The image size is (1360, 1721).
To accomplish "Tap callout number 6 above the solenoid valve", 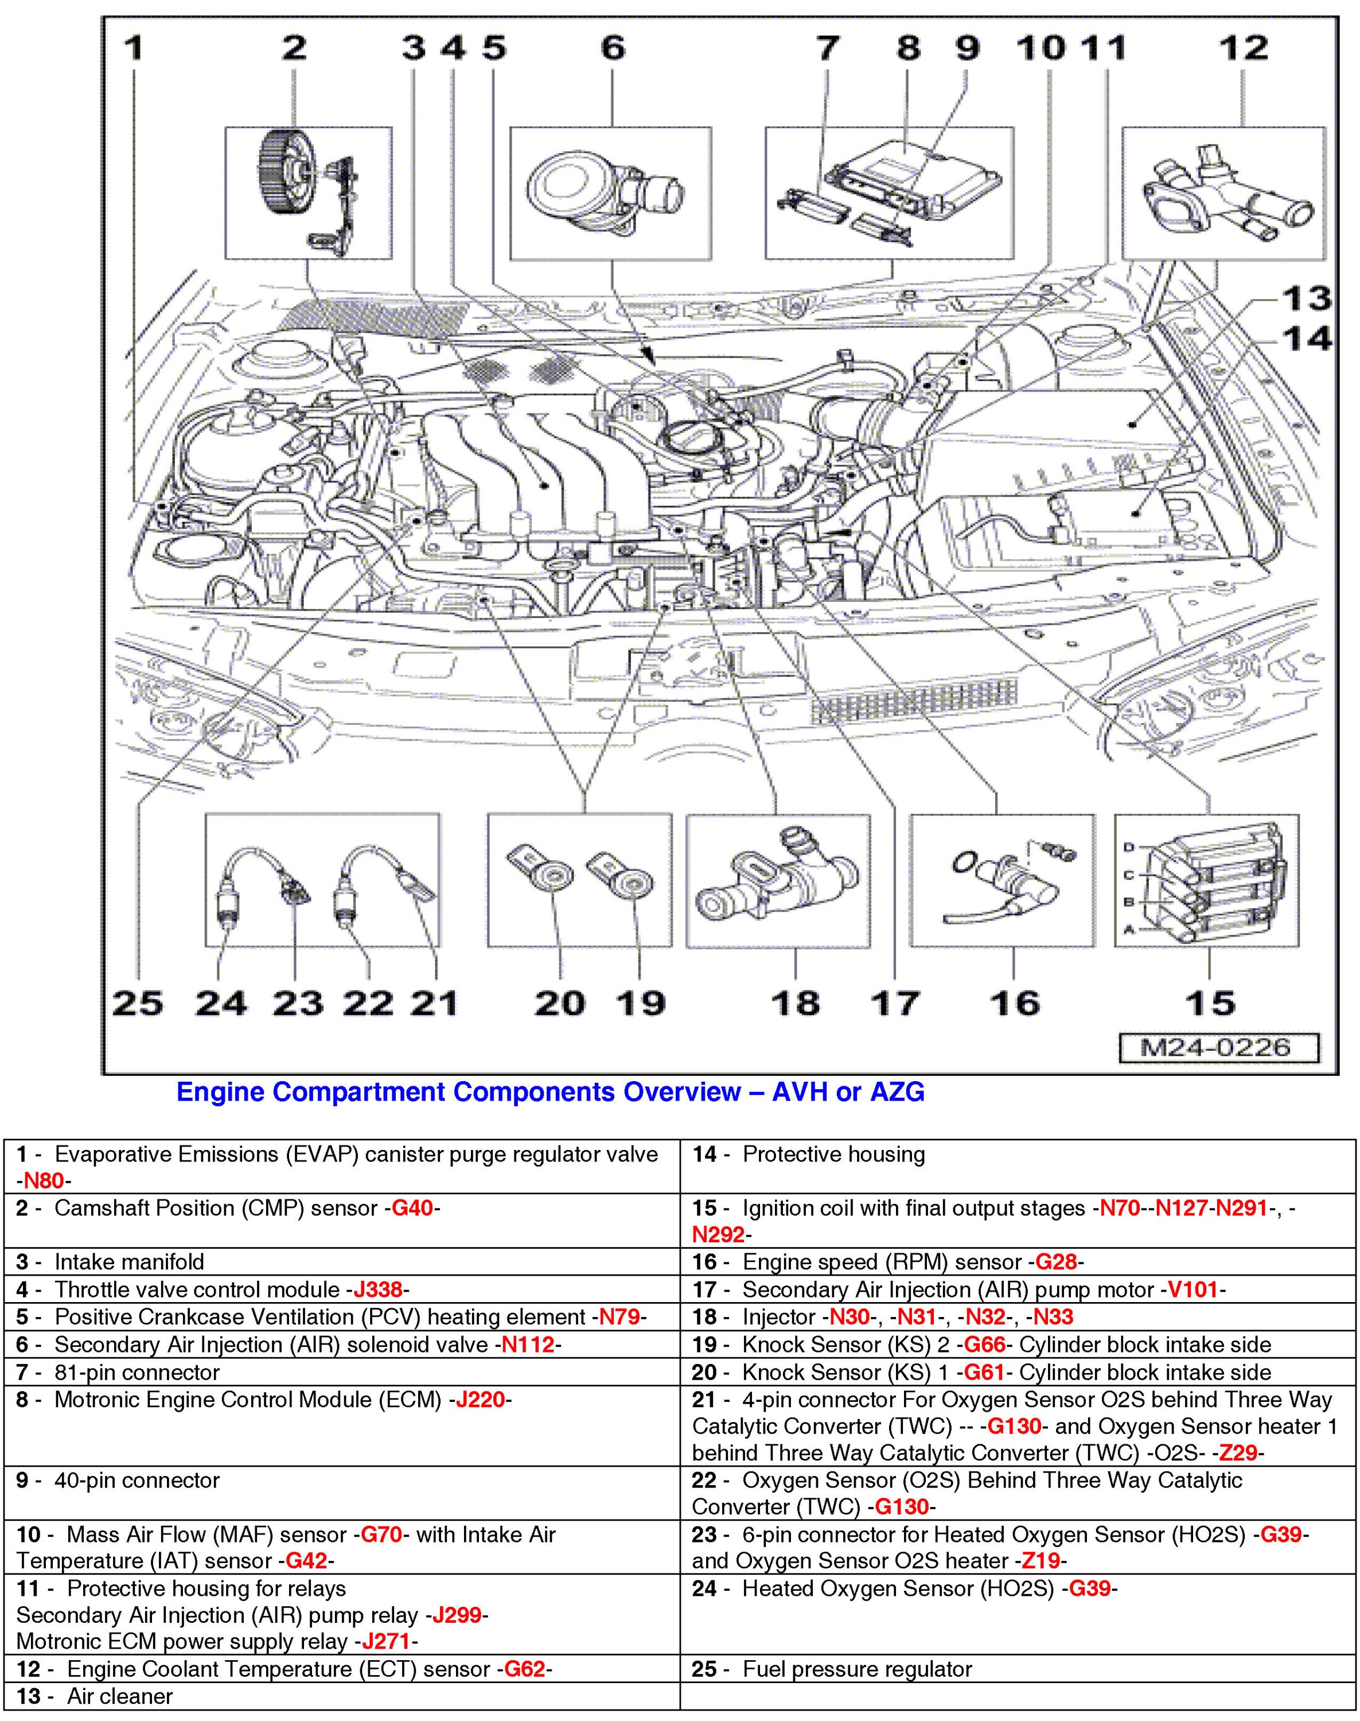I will click(613, 49).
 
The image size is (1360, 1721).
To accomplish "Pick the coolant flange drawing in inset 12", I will click(1226, 195).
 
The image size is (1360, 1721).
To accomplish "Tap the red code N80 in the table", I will click(44, 1181).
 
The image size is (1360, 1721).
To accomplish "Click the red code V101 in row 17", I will click(1192, 1289).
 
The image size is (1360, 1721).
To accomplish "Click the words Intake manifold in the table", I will click(129, 1262).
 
